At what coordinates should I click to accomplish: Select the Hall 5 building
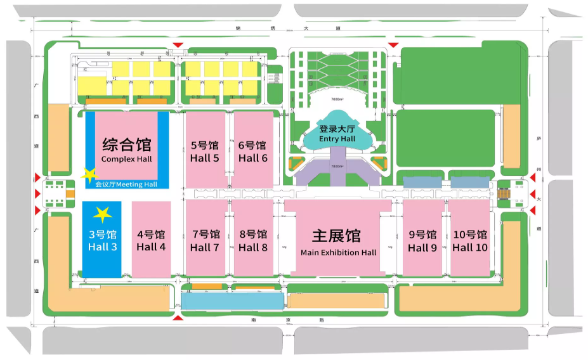click(205, 151)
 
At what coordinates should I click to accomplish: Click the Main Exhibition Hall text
click(338, 252)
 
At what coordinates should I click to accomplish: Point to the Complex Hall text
click(127, 158)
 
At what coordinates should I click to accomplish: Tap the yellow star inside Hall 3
click(102, 215)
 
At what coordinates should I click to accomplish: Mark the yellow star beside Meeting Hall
click(89, 174)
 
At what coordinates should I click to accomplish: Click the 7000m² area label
click(337, 100)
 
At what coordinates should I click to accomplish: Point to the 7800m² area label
click(337, 166)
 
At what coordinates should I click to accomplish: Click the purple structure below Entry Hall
click(337, 168)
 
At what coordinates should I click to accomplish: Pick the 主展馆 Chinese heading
click(337, 236)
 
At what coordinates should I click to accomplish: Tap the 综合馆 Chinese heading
click(127, 143)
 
